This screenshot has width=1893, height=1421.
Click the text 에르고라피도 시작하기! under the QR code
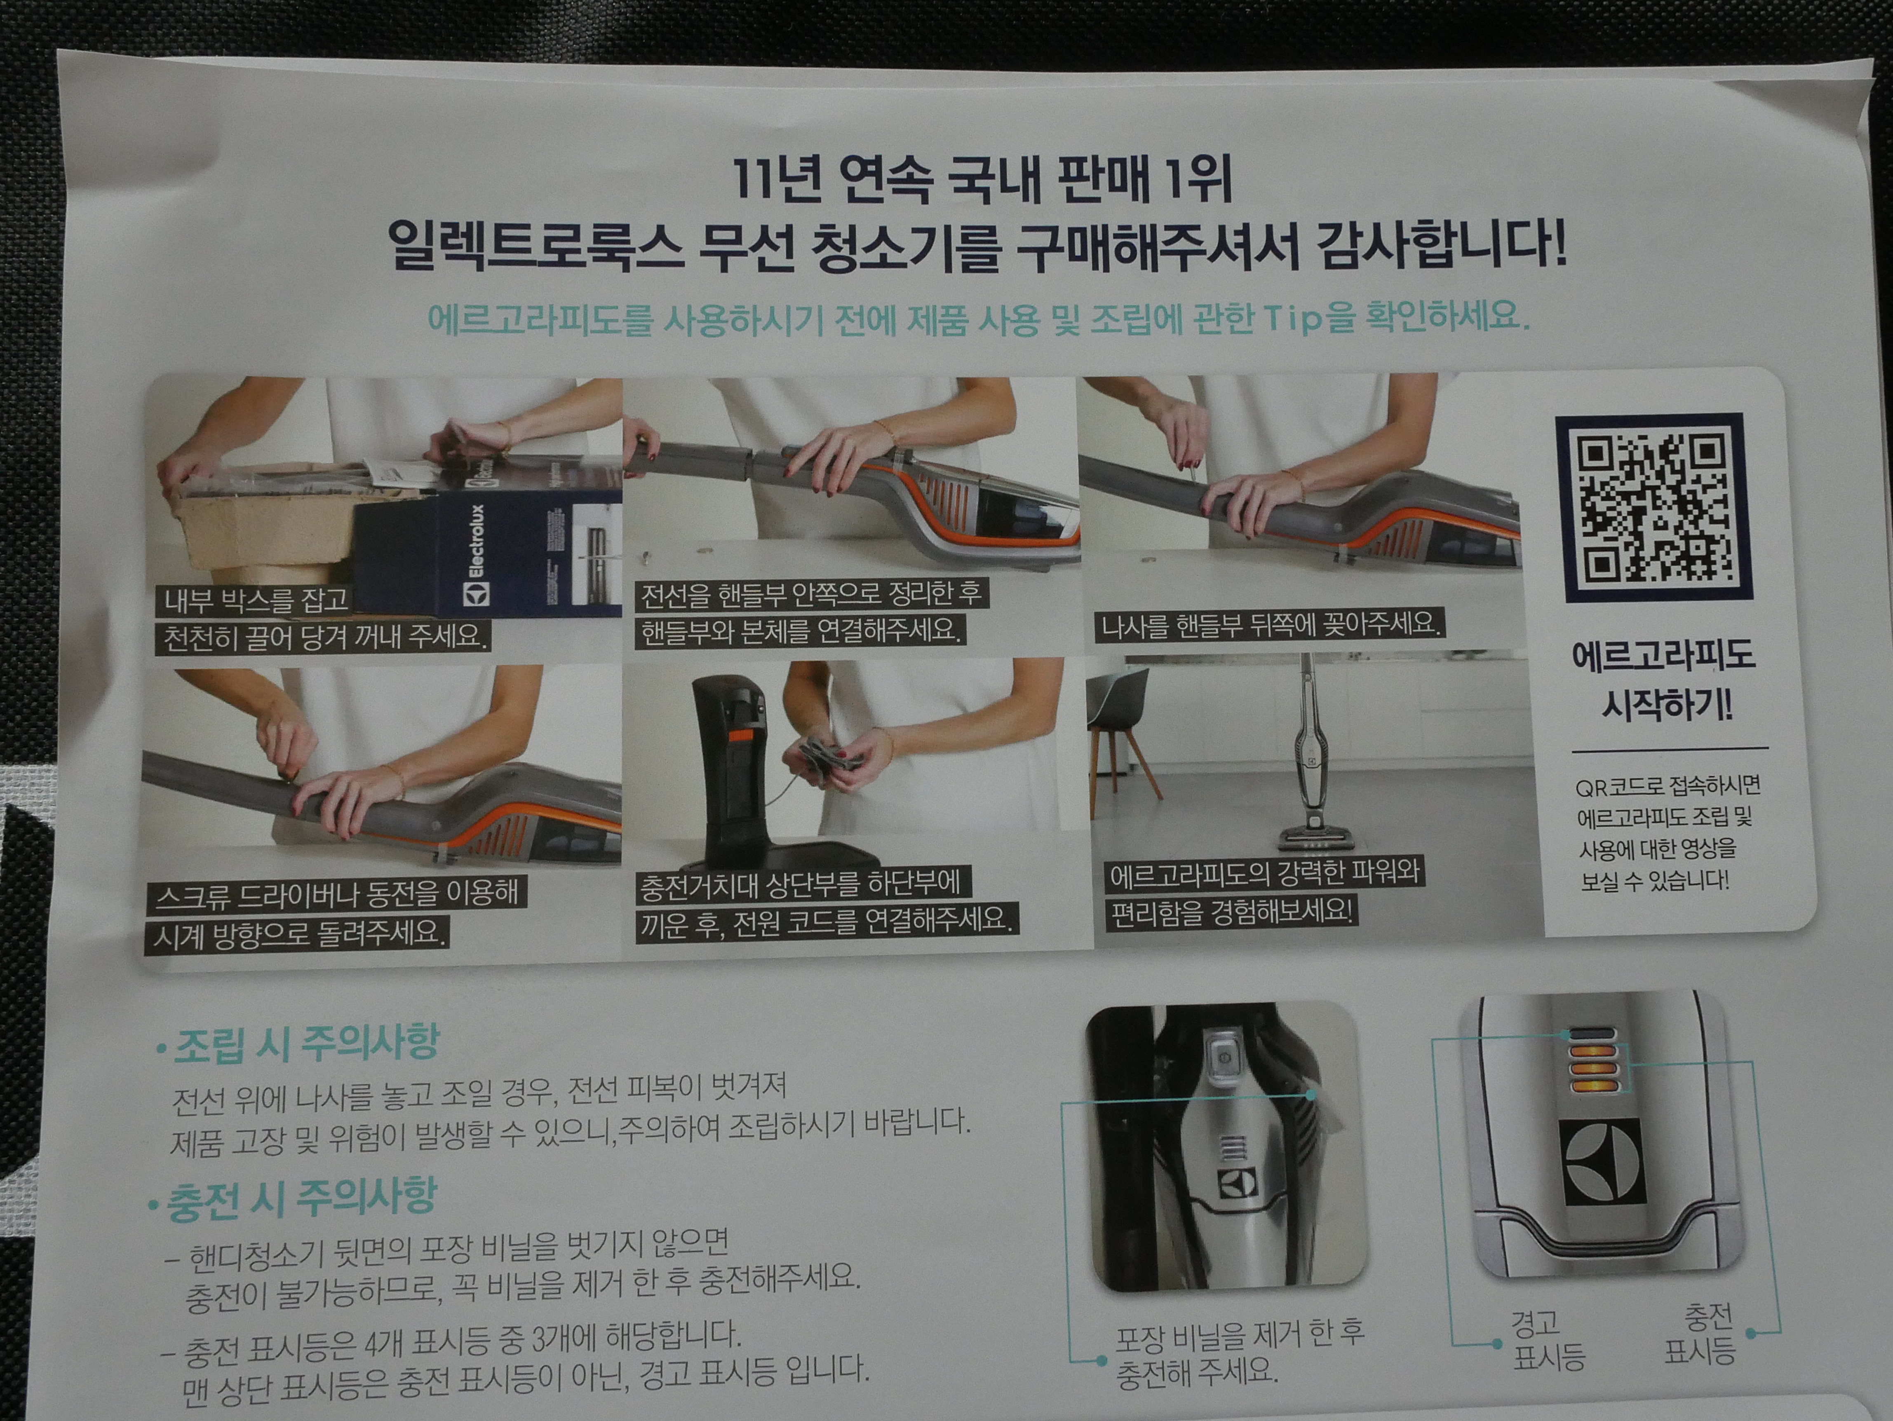[1664, 680]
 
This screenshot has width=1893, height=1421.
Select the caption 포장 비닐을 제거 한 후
[1239, 1334]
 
